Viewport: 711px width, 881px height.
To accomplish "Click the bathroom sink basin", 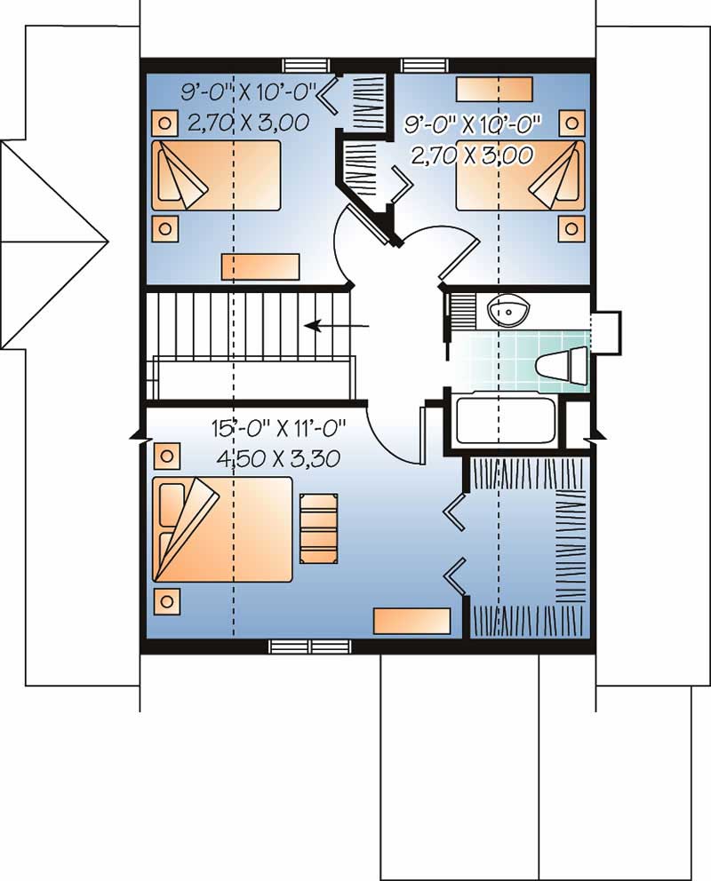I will pos(508,311).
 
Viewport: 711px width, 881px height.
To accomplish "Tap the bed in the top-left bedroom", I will pos(215,175).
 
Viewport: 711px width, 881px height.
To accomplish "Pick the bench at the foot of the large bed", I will pos(319,528).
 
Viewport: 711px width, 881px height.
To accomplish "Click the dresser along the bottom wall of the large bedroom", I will pos(411,621).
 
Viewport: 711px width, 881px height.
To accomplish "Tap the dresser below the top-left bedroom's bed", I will pos(260,266).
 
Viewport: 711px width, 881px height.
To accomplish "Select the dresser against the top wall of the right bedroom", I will pos(494,90).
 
